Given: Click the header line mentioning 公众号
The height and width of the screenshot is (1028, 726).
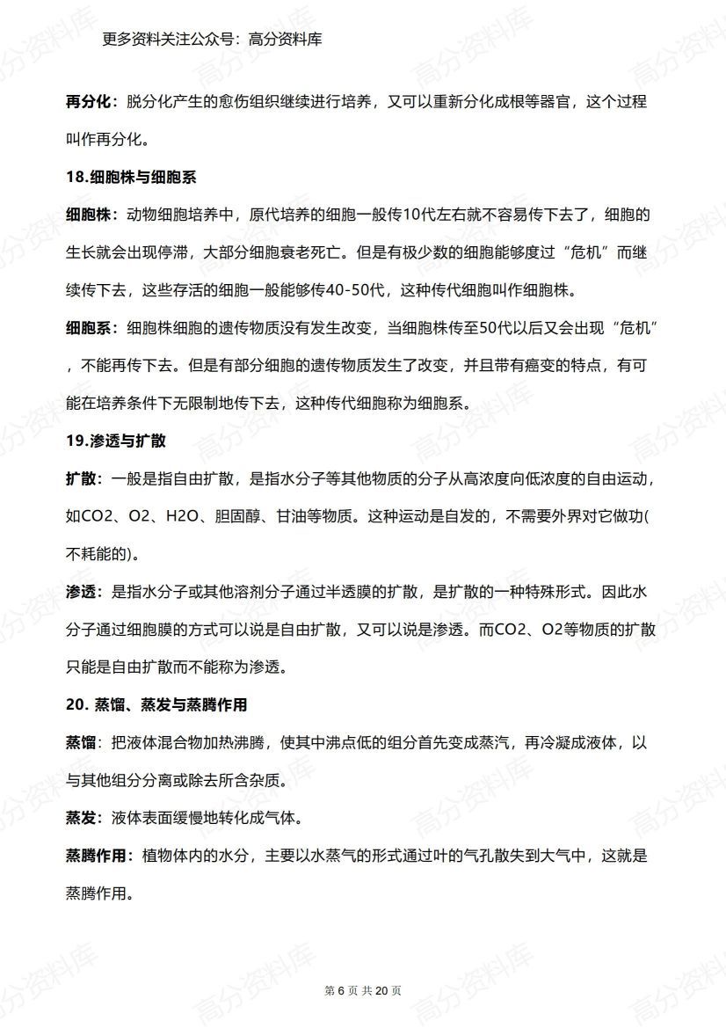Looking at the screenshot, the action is (212, 39).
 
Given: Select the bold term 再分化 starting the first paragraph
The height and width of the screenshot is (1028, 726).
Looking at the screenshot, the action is (89, 101).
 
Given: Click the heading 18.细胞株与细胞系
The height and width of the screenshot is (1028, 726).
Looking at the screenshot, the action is (129, 177).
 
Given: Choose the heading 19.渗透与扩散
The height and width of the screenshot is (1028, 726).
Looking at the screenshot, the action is (116, 441).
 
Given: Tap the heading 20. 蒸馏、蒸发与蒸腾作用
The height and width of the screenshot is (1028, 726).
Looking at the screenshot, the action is (156, 705).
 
